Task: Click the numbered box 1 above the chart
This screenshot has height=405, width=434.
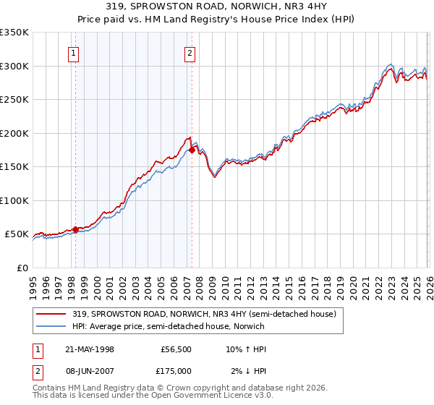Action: [x=75, y=52]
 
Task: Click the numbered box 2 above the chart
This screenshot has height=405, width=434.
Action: [x=190, y=52]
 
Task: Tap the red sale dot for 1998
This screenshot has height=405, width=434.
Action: [x=75, y=229]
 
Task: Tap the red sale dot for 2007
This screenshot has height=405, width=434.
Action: [x=192, y=150]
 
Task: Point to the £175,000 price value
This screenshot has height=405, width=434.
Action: [x=176, y=370]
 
